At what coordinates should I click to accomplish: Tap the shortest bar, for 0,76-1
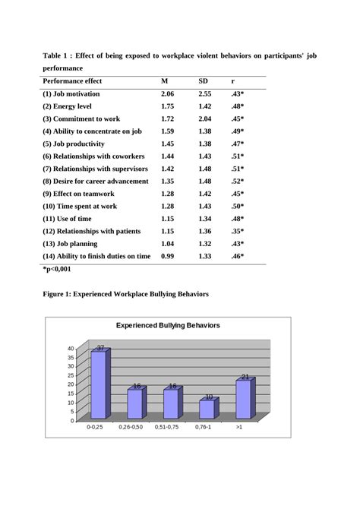click(207, 409)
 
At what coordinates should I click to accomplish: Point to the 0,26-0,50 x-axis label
click(131, 428)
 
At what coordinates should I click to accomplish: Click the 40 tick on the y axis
click(71, 349)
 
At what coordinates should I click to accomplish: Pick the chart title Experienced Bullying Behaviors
click(168, 325)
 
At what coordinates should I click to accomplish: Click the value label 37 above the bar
click(100, 347)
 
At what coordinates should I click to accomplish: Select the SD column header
click(203, 81)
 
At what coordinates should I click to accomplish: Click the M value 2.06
click(167, 93)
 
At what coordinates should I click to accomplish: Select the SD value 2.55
click(205, 93)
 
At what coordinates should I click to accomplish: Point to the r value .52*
click(237, 182)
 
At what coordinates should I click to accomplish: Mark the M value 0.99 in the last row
click(167, 257)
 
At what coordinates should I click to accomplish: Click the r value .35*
click(237, 232)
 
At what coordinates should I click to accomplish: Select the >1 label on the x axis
click(241, 428)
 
